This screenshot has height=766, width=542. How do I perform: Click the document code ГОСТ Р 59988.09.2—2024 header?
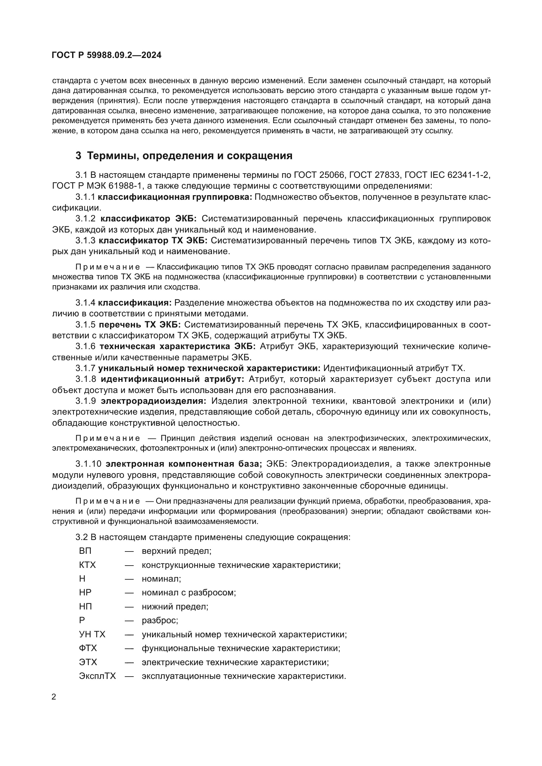pos(106,55)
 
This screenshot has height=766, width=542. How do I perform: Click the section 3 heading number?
pos(78,156)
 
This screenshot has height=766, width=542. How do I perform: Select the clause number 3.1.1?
pos(85,197)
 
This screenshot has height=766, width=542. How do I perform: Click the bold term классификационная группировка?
pos(175,197)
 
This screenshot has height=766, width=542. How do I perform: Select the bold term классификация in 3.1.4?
pos(134,303)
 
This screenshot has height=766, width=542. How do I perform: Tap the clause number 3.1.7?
pos(85,368)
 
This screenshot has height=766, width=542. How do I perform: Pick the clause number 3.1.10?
pos(88,464)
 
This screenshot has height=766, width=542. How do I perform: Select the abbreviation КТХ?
pos(87,565)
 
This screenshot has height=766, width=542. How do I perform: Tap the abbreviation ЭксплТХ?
pos(97,676)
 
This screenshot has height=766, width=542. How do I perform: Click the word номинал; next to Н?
pos(161,578)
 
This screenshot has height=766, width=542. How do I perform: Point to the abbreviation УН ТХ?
pos(92,634)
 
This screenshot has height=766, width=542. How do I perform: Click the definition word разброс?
pos(160,620)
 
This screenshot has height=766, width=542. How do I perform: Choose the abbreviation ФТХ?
pos(88,648)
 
